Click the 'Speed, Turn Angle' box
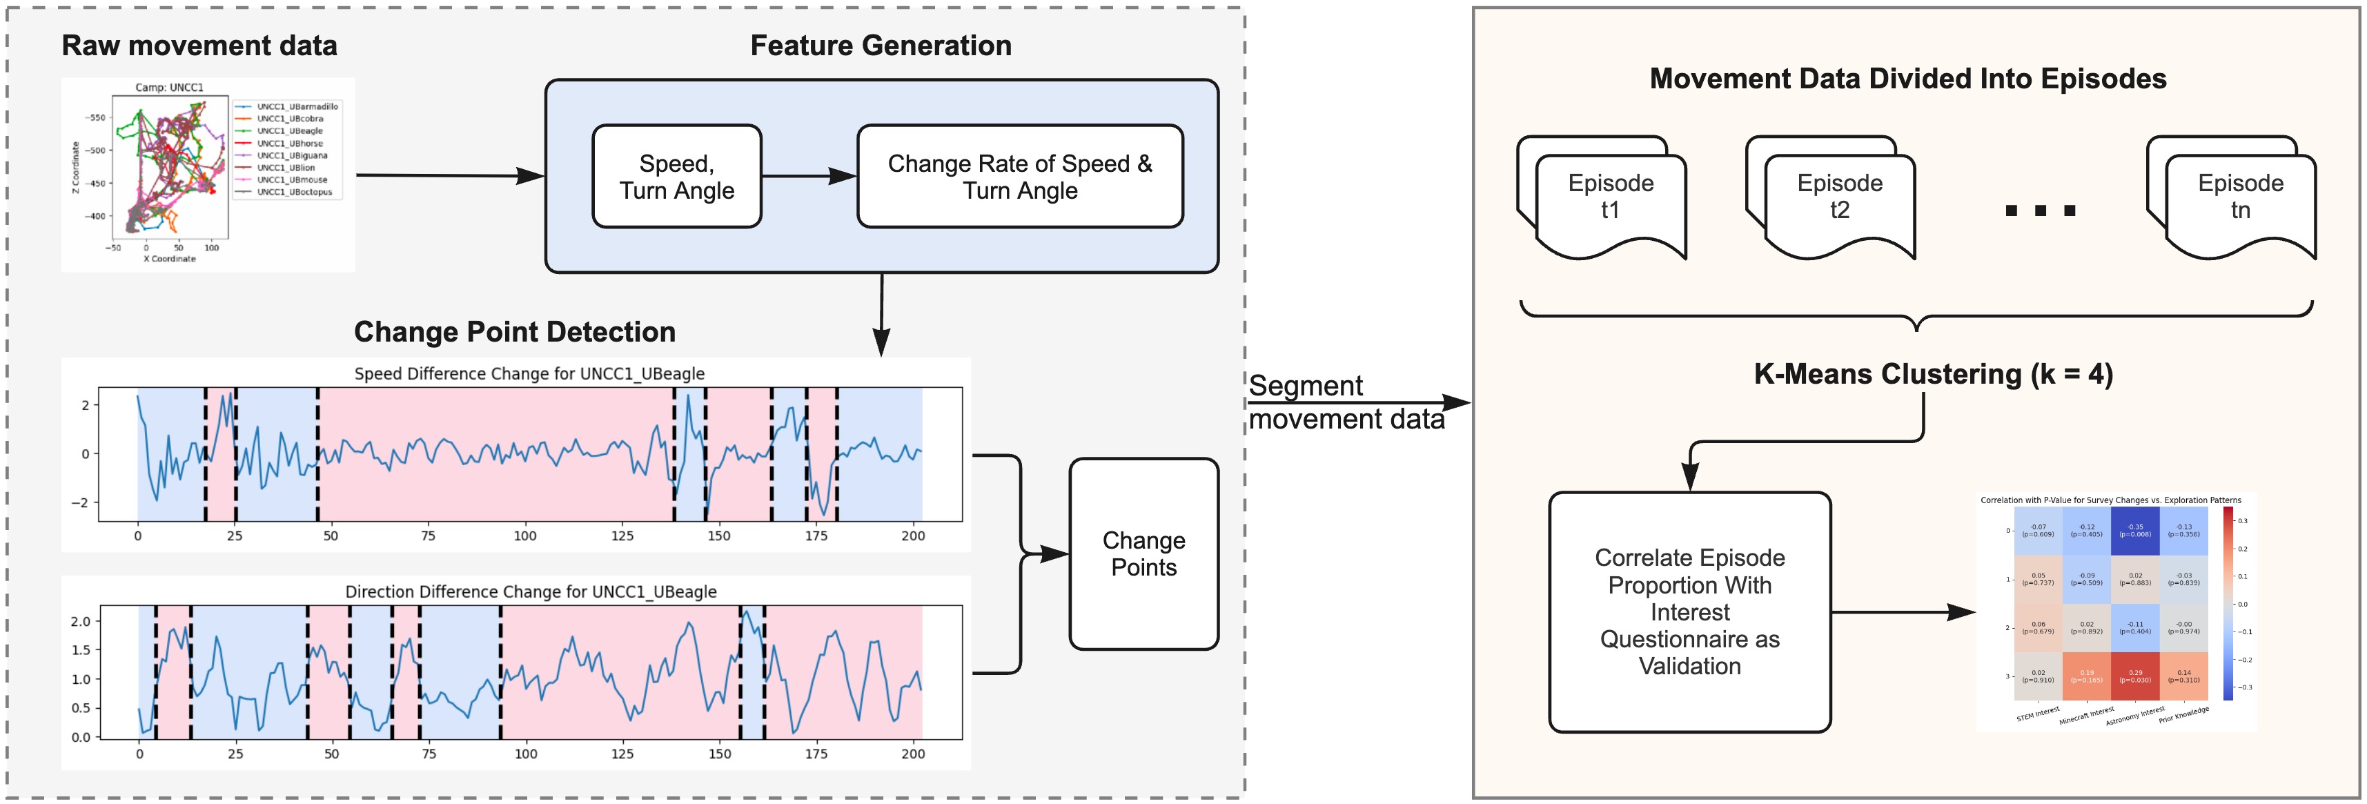point(676,177)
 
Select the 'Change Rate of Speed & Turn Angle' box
point(1019,177)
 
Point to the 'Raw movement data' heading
point(199,46)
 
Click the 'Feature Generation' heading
point(881,46)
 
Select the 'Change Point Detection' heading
point(515,332)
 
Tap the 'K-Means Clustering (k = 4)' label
point(1934,374)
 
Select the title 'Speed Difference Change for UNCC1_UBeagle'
point(529,374)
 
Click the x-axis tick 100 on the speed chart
point(524,536)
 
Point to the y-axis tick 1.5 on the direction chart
point(81,649)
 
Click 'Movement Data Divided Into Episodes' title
point(1907,79)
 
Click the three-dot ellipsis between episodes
point(2040,210)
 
